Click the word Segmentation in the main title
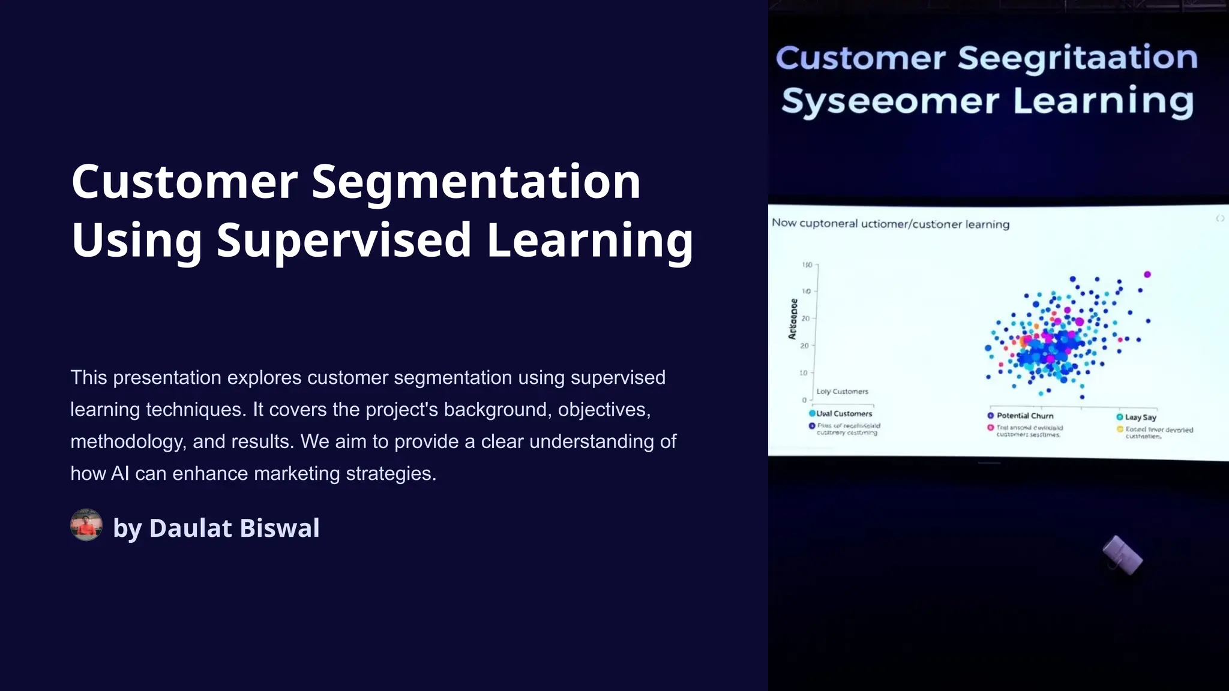point(476,182)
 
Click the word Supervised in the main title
point(344,240)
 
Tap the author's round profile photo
point(86,525)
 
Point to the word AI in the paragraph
point(120,474)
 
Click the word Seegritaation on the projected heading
point(1077,58)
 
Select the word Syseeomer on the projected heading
point(890,101)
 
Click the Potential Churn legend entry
point(1024,416)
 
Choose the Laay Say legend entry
point(1140,417)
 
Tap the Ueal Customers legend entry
point(843,414)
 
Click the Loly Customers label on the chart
point(842,392)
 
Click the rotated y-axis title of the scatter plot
point(793,319)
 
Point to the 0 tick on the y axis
point(804,400)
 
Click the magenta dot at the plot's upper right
point(1147,274)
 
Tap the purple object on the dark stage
point(1123,555)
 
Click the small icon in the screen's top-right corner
point(1220,218)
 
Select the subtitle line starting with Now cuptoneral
point(890,224)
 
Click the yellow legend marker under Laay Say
point(1120,429)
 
